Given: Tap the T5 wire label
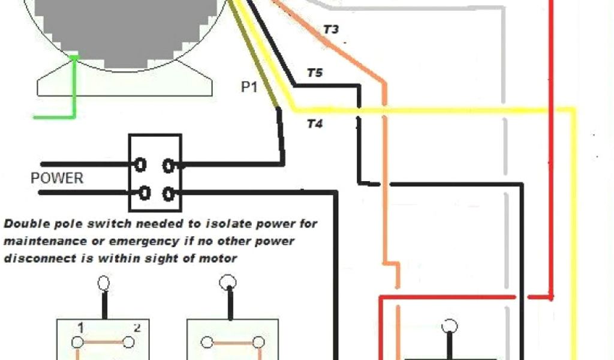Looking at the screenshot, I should [314, 74].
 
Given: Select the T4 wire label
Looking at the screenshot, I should [315, 124].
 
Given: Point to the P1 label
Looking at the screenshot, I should [249, 88].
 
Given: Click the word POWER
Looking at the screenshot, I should [57, 179].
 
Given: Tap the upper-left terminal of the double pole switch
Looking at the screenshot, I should [141, 164].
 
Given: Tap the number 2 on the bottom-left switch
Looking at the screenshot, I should [137, 328].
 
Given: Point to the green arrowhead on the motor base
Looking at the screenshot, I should [74, 58].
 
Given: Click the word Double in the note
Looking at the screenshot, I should [25, 224].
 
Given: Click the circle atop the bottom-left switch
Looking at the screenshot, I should [104, 282].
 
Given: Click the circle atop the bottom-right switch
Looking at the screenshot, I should [449, 326].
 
